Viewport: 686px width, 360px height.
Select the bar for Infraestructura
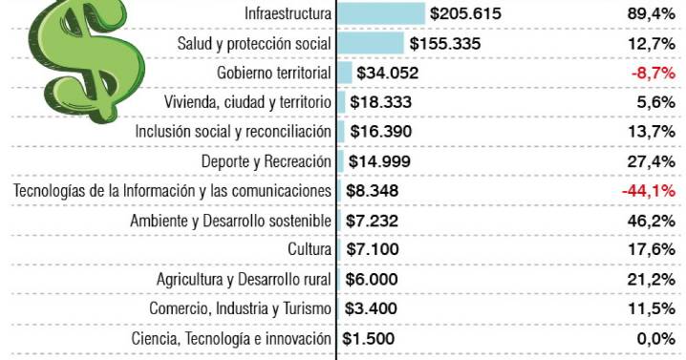381,13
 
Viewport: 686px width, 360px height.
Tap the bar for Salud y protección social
371,43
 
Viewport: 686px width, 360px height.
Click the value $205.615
465,13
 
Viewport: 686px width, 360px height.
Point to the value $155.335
444,43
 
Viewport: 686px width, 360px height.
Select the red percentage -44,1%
649,191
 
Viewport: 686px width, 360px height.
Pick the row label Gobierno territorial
274,73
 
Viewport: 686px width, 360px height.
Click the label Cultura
310,250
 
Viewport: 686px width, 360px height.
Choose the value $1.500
368,339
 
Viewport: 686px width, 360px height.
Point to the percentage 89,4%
653,13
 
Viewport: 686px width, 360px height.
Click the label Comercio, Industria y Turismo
240,309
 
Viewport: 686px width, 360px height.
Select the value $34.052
387,73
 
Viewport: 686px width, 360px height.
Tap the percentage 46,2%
653,221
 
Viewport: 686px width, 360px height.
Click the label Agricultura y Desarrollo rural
244,280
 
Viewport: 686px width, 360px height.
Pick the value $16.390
380,132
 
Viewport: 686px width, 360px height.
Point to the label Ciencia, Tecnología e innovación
231,339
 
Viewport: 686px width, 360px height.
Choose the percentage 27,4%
653,161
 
